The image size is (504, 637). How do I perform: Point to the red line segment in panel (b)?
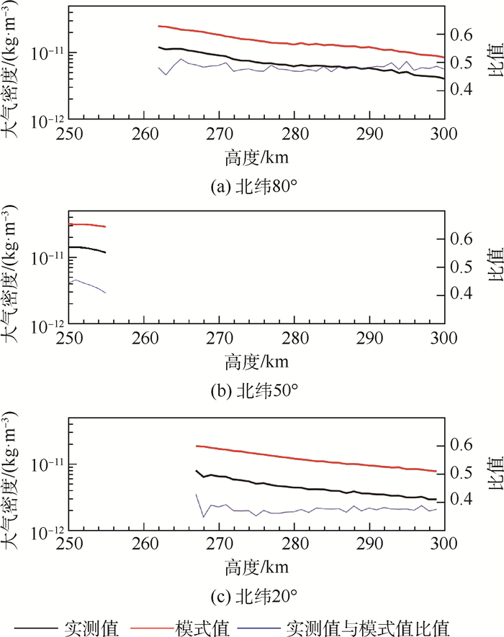pyautogui.click(x=87, y=225)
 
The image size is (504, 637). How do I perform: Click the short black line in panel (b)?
pyautogui.click(x=87, y=249)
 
